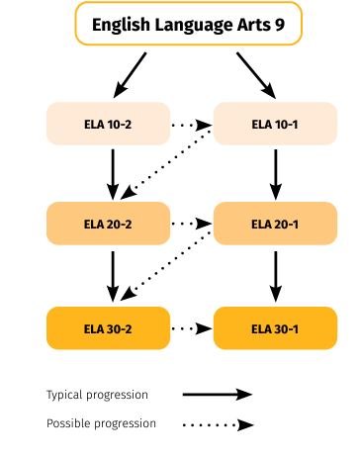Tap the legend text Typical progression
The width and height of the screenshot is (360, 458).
[x=97, y=395]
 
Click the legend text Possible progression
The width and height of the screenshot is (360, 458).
[x=101, y=423]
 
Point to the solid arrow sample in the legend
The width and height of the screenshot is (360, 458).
[x=218, y=395]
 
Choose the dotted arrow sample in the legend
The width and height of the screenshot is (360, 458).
[x=218, y=424]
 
